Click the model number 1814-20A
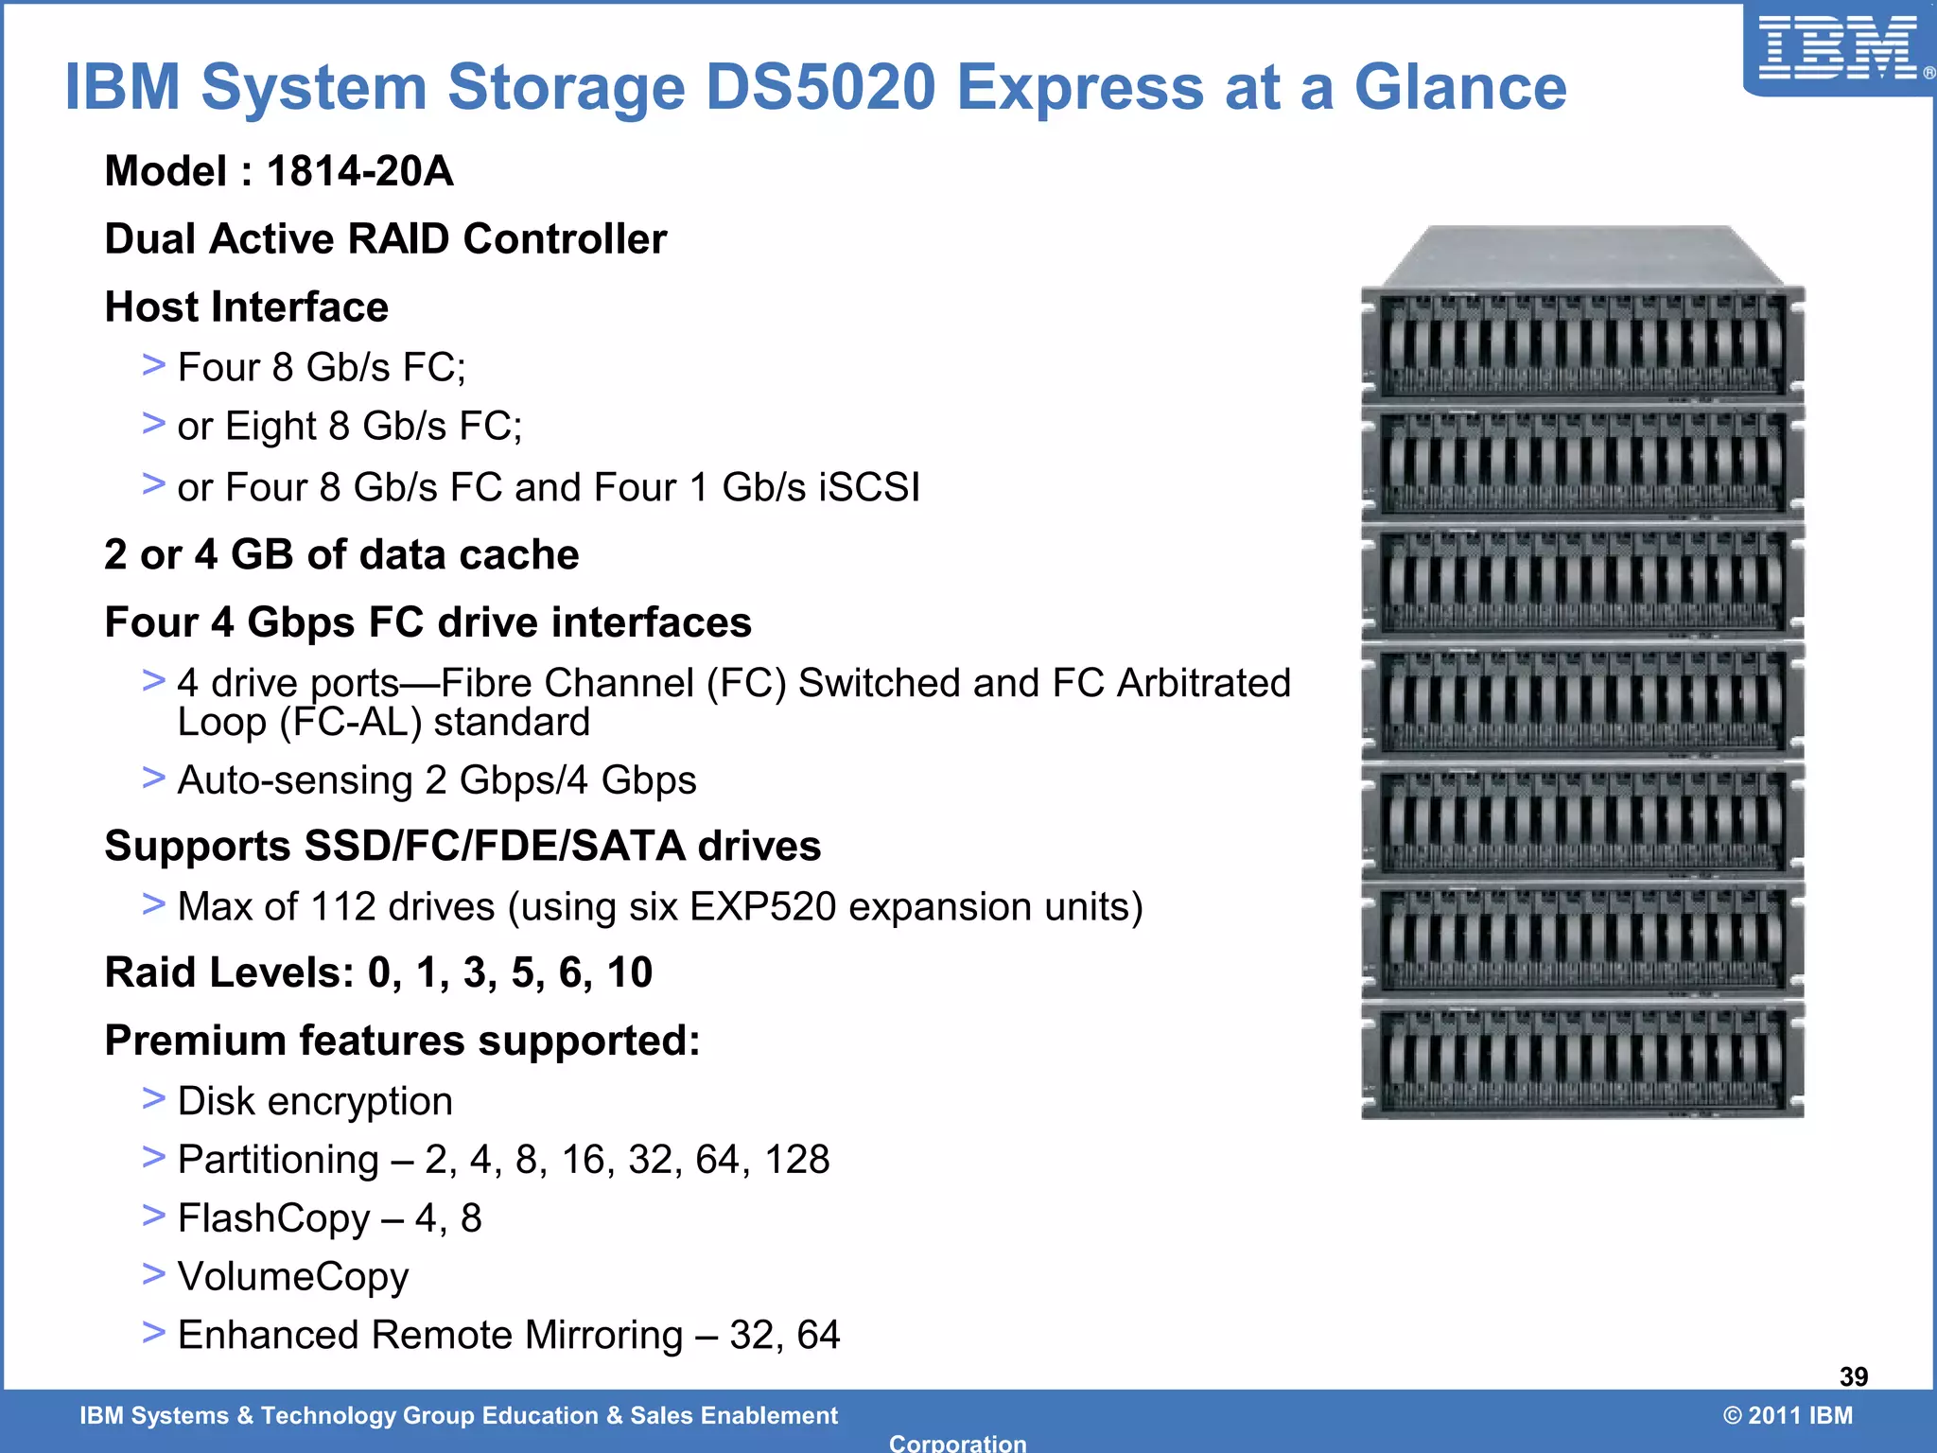(359, 171)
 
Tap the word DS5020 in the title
(820, 87)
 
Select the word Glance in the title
(1460, 87)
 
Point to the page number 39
(1853, 1376)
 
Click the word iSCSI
(869, 487)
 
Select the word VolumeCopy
(293, 1276)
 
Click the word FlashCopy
(273, 1217)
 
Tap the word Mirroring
(603, 1335)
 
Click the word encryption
(359, 1101)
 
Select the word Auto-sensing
(295, 780)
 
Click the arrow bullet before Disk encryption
(153, 1098)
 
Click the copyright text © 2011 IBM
(1788, 1415)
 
